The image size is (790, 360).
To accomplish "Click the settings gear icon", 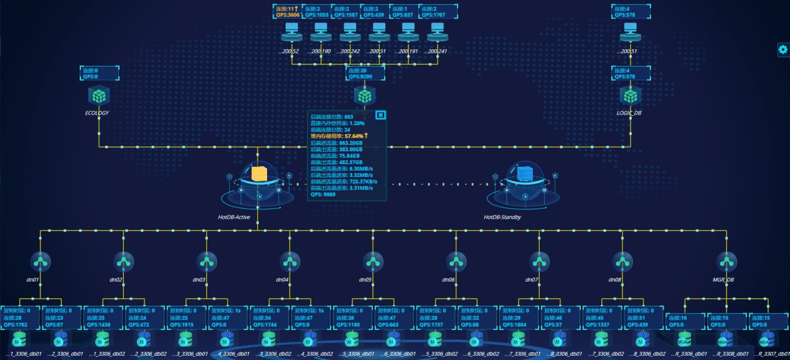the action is [x=783, y=50].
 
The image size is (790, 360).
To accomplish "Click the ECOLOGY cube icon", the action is [x=98, y=95].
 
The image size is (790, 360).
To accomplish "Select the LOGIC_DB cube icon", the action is [x=631, y=95].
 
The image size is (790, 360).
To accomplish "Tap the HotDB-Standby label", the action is [x=502, y=217].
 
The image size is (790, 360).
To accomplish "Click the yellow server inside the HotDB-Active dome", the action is [x=258, y=174].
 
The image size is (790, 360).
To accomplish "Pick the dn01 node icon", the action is [x=40, y=260].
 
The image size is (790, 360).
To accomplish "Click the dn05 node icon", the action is [x=373, y=260].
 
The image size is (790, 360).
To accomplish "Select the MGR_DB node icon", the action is [x=726, y=260].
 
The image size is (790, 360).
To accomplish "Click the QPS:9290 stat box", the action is [x=365, y=73].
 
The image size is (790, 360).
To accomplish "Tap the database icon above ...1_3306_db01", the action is [x=19, y=339].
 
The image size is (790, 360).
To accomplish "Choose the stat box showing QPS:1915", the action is [x=186, y=316].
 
